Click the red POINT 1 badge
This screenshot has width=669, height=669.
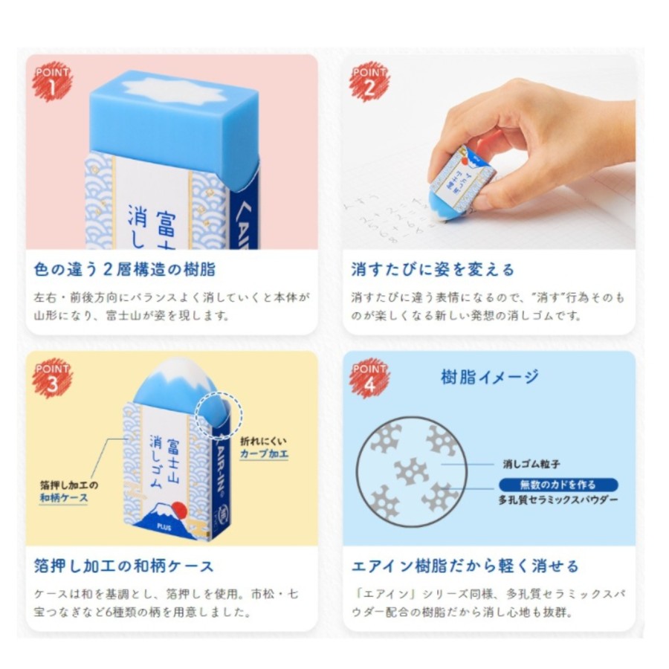pos(52,82)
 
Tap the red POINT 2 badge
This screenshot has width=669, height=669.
pos(369,82)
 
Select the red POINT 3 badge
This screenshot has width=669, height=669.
pos(52,378)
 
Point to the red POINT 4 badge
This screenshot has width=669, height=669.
pos(369,378)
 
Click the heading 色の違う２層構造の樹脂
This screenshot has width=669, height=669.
pos(125,270)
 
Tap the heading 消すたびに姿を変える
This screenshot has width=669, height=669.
pos(433,270)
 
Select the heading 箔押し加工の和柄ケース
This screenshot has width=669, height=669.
pos(123,566)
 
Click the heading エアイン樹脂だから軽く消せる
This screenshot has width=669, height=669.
pos(465,566)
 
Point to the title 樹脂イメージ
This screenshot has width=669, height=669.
pos(489,377)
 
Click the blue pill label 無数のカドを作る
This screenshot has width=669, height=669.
pos(558,485)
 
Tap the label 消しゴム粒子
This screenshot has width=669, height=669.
pos(531,464)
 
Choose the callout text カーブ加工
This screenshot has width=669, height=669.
pos(264,453)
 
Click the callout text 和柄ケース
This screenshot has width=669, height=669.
pos(64,498)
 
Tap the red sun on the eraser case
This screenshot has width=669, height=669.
pos(180,509)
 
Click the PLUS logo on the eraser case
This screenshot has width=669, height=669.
pos(164,528)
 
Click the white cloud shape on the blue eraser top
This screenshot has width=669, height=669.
pos(174,91)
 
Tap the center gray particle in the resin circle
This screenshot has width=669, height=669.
pos(411,471)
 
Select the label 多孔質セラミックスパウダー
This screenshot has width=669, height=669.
pos(558,500)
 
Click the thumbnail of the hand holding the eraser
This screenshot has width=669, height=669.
pos(489,152)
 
